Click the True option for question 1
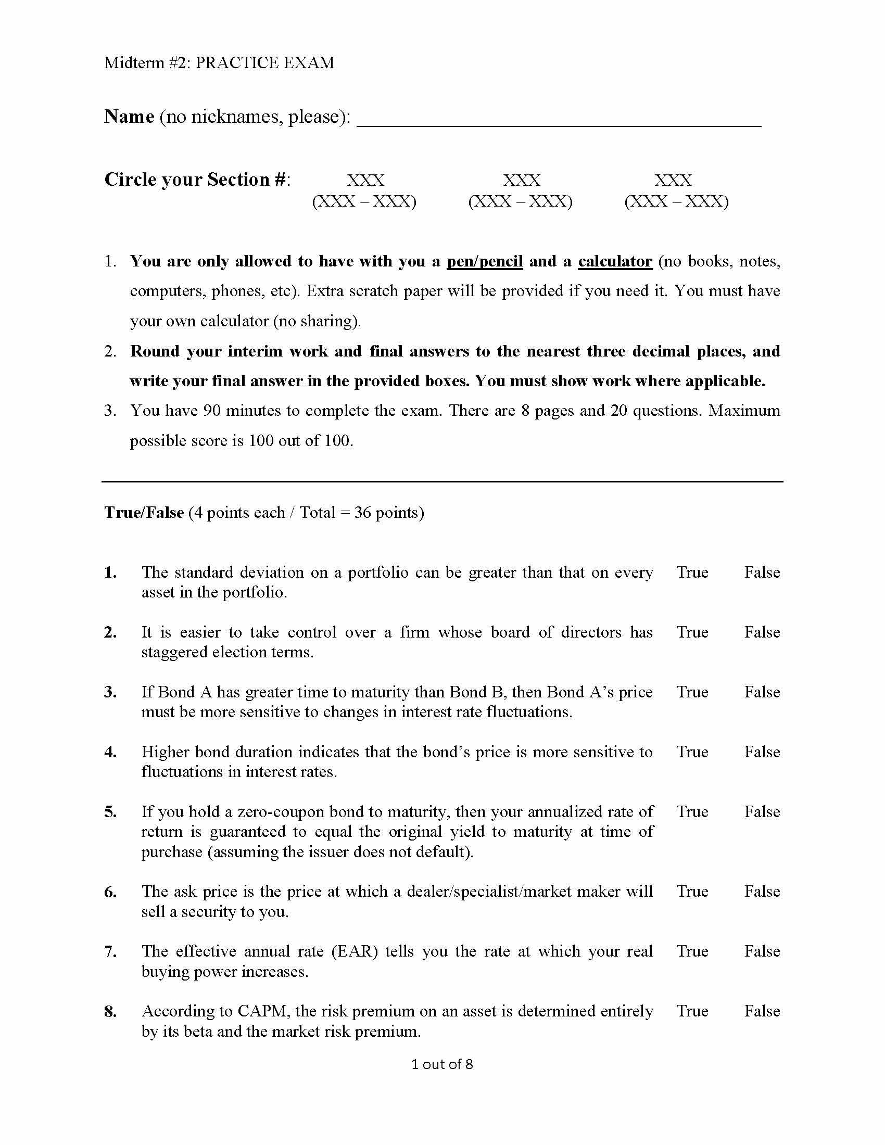[692, 572]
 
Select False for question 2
[762, 632]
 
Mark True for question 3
[692, 692]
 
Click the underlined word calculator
[615, 261]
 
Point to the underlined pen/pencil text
[485, 261]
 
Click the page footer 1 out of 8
[442, 1064]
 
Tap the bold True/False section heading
[144, 512]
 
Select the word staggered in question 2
[174, 652]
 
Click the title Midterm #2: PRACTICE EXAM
[219, 63]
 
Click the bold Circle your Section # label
[197, 180]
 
